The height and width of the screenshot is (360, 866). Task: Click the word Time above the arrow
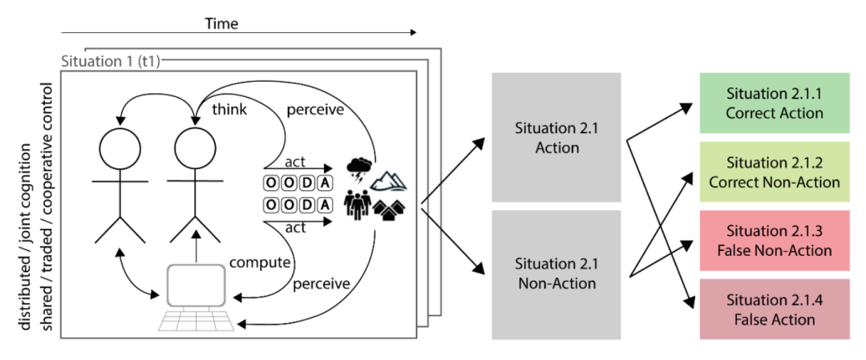click(222, 23)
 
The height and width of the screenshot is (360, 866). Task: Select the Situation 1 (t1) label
click(111, 61)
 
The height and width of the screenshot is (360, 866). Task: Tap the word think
click(229, 109)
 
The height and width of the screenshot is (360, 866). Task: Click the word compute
click(260, 262)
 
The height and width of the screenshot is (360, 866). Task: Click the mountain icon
click(390, 180)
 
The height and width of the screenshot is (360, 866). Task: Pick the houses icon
click(391, 208)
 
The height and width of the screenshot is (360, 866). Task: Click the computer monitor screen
click(196, 285)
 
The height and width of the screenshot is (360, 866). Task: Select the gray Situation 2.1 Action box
click(556, 138)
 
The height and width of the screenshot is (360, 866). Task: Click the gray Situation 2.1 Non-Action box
click(556, 275)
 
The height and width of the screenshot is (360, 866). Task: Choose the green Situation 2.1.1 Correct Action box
click(775, 103)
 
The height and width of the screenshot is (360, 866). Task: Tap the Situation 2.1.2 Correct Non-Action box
click(775, 172)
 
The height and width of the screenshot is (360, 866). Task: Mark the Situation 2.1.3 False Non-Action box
click(775, 241)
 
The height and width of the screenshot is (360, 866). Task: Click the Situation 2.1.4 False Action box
click(775, 309)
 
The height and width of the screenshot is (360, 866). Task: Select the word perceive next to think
click(315, 111)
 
